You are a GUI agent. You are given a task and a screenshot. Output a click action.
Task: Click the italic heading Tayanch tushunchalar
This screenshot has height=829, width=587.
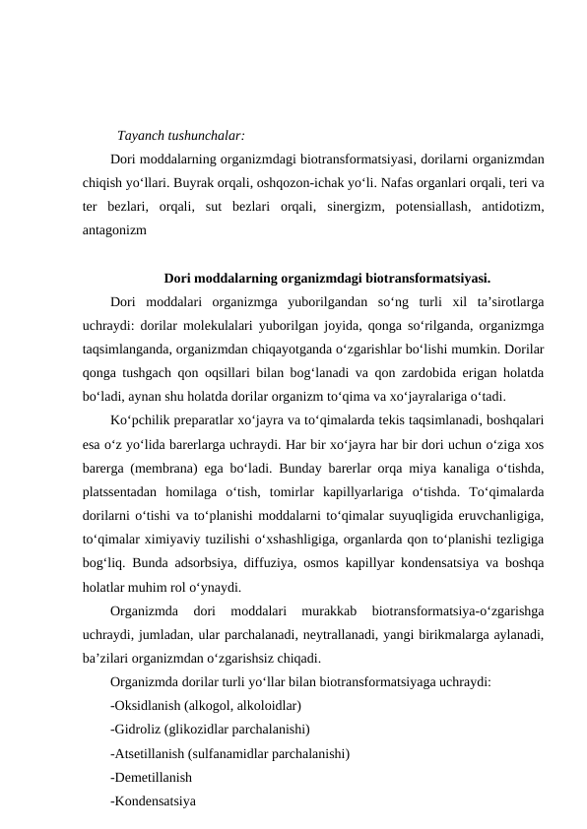pyautogui.click(x=180, y=135)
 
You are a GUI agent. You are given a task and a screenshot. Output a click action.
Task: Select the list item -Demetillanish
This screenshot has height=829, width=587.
pyautogui.click(x=158, y=778)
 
